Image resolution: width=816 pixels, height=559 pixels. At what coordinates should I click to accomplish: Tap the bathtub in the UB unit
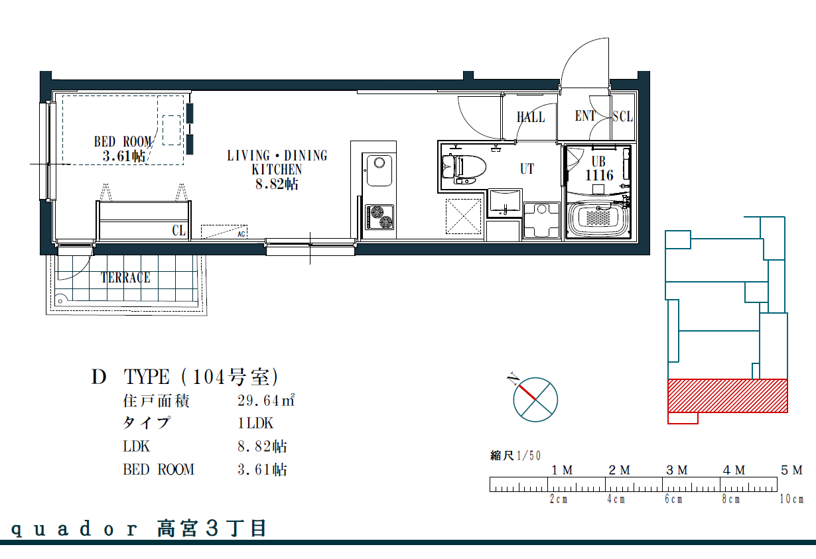pos(598,219)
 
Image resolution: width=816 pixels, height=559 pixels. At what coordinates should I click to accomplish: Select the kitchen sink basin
pos(379,170)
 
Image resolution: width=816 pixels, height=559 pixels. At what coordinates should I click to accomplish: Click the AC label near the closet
pos(241,234)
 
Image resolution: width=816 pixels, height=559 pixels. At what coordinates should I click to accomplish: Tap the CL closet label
pos(178,231)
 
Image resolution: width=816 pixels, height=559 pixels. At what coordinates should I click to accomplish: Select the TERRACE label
pos(125,277)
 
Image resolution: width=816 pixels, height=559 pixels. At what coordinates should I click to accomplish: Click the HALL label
pos(531,117)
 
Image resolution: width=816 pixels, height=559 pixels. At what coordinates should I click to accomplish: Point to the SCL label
pos(622,117)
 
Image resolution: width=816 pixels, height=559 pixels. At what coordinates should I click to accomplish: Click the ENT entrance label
pos(584,116)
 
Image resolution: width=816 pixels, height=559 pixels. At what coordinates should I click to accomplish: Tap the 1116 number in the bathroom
pos(599,176)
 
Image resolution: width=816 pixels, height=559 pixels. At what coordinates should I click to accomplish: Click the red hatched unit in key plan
pos(728,396)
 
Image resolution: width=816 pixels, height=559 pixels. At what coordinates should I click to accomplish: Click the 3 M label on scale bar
pos(677,470)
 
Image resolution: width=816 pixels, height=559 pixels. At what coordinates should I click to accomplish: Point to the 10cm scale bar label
pos(791,499)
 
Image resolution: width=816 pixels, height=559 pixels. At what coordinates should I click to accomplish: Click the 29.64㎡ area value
pos(266,401)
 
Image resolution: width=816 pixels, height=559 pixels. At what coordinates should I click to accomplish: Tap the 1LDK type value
pos(255,423)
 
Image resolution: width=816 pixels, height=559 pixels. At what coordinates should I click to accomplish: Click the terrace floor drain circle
pos(60,301)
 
